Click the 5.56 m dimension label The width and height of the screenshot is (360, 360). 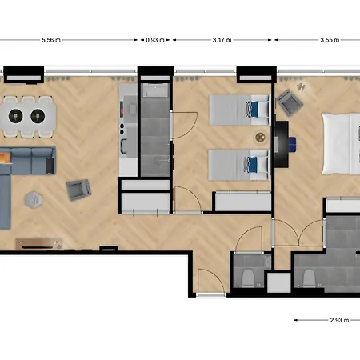(51, 40)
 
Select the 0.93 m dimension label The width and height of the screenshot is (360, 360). (155, 40)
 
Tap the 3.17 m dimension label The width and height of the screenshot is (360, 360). (222, 40)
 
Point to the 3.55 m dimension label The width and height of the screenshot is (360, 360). (330, 40)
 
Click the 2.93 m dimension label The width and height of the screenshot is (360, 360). (339, 320)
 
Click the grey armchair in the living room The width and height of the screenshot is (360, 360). (78, 190)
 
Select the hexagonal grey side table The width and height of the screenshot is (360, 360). (34, 199)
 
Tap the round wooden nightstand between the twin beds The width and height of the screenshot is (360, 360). (260, 138)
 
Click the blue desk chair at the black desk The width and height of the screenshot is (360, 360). (292, 144)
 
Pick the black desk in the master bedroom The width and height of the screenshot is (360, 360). (282, 144)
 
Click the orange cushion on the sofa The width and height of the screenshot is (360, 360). (5, 158)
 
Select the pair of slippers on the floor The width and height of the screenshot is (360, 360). (301, 86)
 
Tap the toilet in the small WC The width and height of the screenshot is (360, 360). (248, 278)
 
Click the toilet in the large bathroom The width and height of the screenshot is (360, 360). (309, 278)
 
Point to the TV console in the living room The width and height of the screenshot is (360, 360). (39, 243)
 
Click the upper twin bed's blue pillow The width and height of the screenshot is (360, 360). (254, 110)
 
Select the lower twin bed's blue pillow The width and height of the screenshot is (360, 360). (253, 165)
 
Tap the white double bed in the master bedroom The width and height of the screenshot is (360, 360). (341, 144)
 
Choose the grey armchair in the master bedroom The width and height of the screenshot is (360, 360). (290, 103)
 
